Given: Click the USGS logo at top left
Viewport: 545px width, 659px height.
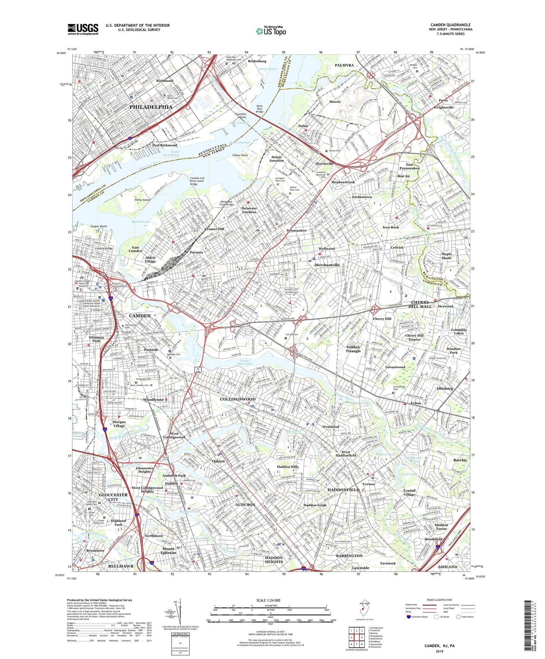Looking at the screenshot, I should [83, 29].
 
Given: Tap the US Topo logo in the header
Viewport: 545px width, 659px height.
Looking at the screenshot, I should [271, 31].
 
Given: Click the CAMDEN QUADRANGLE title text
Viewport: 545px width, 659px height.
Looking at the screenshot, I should [450, 25].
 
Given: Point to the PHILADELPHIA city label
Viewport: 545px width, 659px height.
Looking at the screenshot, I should [151, 107].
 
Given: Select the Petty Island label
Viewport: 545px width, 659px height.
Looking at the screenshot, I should [143, 200].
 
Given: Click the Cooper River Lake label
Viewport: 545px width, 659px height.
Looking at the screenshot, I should [245, 362].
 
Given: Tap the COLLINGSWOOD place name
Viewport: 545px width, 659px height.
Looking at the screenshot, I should [238, 399].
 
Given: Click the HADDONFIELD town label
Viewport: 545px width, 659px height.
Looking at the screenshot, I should [343, 490].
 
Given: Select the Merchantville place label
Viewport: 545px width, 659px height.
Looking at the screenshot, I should [327, 265].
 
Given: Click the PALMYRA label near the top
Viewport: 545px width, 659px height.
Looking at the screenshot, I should [344, 65].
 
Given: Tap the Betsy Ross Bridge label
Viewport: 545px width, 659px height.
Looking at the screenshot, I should [259, 109].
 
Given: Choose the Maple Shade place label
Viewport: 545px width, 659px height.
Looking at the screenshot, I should [446, 256].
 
